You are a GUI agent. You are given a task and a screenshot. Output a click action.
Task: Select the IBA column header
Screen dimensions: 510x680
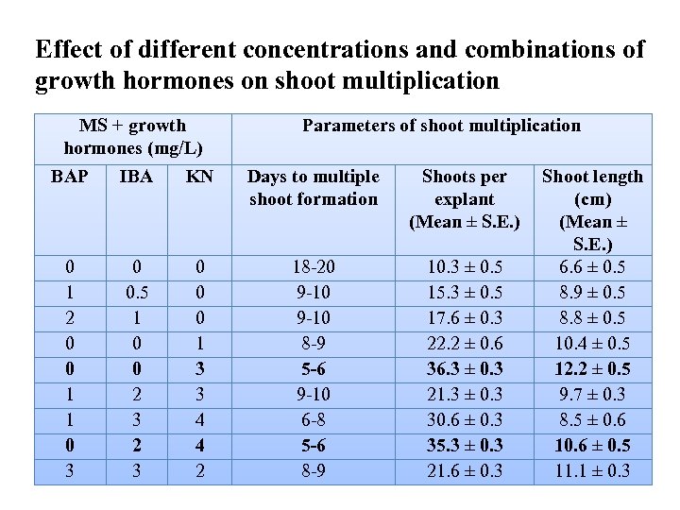[137, 177]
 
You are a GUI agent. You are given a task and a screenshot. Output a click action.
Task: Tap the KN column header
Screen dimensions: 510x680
[199, 177]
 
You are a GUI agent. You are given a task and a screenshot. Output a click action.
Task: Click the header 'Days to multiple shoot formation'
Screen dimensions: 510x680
[314, 188]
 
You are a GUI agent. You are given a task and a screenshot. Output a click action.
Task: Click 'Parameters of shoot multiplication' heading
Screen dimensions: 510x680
[441, 126]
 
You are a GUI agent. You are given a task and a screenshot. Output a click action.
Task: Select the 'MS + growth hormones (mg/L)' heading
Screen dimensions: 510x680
[133, 137]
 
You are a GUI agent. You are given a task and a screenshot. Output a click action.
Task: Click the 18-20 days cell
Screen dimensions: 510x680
[314, 268]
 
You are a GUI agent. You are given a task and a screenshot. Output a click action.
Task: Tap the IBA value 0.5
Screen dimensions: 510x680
[137, 294]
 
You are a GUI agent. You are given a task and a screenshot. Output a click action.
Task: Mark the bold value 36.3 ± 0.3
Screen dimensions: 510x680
[465, 369]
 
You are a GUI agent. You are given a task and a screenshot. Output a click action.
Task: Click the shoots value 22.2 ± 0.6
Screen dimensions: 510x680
[465, 344]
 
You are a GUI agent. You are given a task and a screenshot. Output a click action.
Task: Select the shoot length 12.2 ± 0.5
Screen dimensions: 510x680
[592, 369]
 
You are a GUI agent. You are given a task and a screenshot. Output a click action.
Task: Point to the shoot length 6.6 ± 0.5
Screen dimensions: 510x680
[592, 268]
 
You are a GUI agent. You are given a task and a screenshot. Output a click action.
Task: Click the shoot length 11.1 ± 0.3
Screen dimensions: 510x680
[592, 470]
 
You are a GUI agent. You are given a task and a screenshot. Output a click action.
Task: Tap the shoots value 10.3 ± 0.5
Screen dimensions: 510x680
[465, 268]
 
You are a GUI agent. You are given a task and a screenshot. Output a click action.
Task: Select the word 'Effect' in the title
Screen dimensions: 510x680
[66, 50]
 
